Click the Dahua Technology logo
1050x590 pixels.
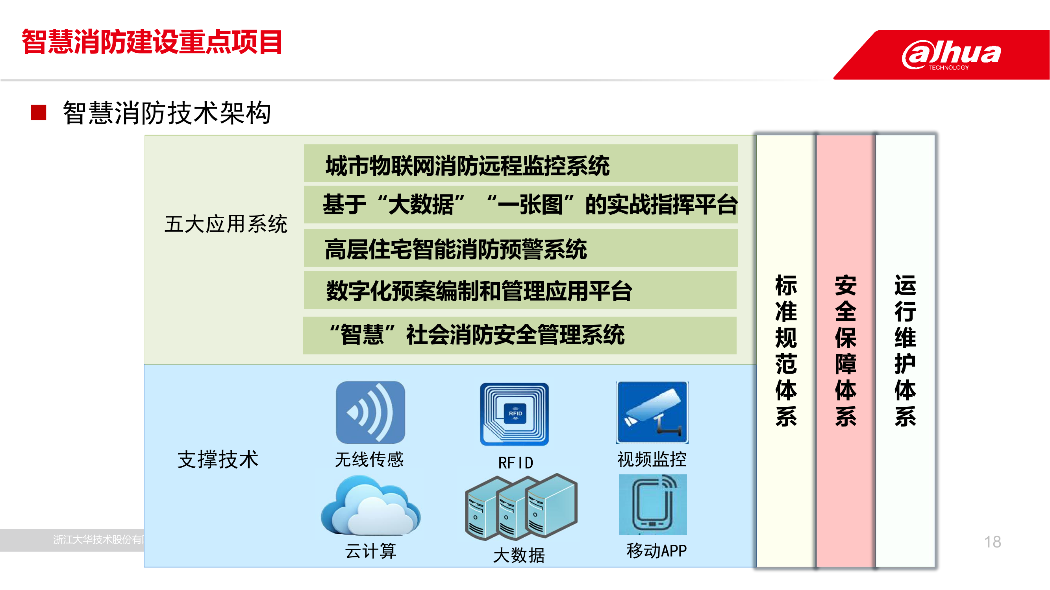[x=951, y=55]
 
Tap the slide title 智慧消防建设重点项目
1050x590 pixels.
[x=152, y=42]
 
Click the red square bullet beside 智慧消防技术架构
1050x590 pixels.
[x=38, y=112]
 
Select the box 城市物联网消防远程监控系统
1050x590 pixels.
[x=520, y=163]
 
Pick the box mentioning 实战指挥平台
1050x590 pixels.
[x=520, y=205]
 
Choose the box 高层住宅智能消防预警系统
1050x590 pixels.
[x=520, y=248]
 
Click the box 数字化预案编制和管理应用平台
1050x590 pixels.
[x=520, y=290]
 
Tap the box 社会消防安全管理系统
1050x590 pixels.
[x=520, y=336]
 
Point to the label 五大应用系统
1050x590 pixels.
[x=226, y=224]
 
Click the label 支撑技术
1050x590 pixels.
[x=218, y=459]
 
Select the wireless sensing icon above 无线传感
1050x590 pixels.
[x=370, y=413]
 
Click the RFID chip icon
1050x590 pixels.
[x=515, y=414]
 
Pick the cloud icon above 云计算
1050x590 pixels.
[x=370, y=506]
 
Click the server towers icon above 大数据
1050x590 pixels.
[x=521, y=507]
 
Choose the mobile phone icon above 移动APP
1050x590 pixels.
[x=653, y=505]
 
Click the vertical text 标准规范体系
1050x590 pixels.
[x=786, y=350]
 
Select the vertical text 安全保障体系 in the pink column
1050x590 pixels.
[x=846, y=350]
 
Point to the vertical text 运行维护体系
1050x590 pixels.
[x=905, y=350]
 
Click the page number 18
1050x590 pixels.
[x=993, y=542]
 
